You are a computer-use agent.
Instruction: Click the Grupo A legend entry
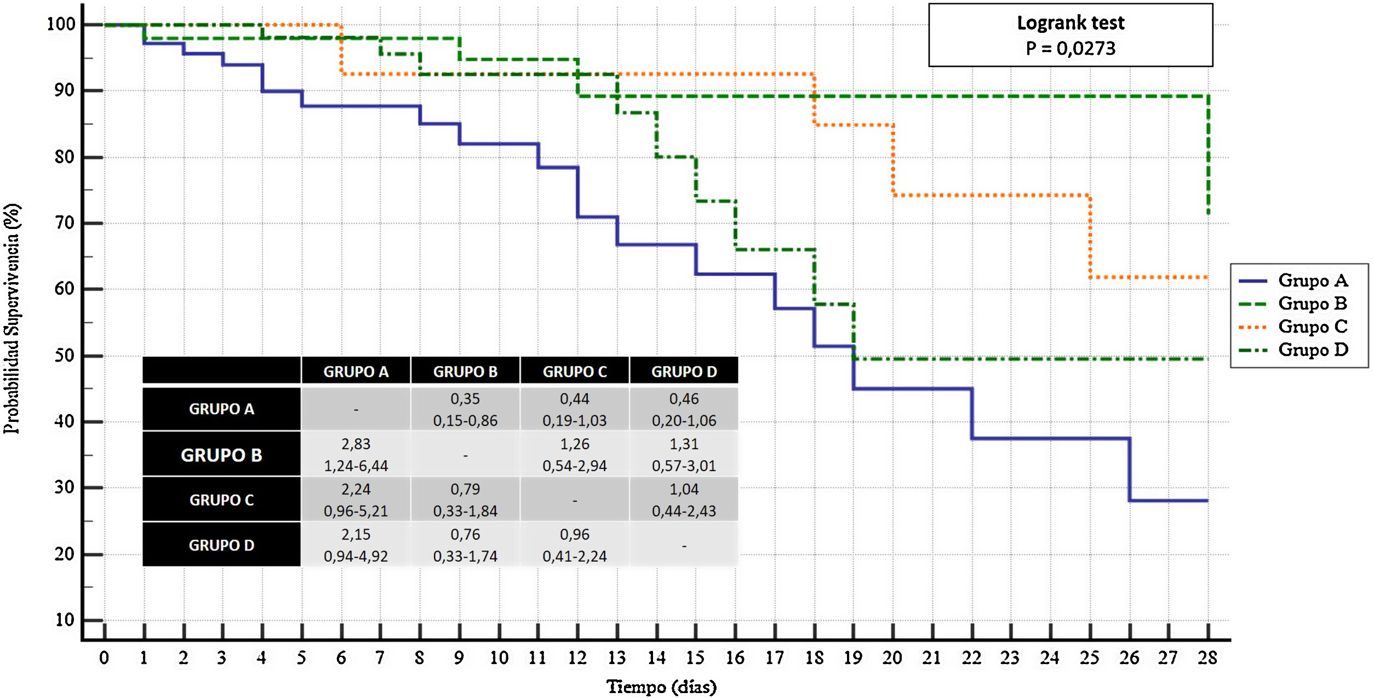point(1312,281)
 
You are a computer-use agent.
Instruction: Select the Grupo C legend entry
point(1312,327)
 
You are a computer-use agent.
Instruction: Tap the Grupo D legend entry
point(1312,350)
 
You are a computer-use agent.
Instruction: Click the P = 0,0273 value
point(1070,48)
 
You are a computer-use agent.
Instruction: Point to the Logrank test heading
point(1070,23)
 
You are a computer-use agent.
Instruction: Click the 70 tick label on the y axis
point(64,223)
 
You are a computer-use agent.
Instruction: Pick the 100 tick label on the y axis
point(61,24)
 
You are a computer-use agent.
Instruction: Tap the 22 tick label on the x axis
point(971,657)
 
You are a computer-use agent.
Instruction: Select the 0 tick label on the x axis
point(104,657)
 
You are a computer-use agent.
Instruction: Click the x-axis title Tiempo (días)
point(661,686)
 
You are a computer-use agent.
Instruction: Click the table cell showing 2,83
point(356,444)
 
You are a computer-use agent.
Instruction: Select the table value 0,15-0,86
point(465,421)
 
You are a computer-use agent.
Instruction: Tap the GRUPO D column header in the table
point(684,371)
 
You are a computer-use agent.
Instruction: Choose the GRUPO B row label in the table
point(221,455)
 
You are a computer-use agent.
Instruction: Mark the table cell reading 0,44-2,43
point(684,511)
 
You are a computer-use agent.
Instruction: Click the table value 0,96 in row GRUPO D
point(575,534)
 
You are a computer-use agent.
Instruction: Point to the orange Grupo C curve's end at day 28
point(1205,277)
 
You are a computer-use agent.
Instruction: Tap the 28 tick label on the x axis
point(1207,657)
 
